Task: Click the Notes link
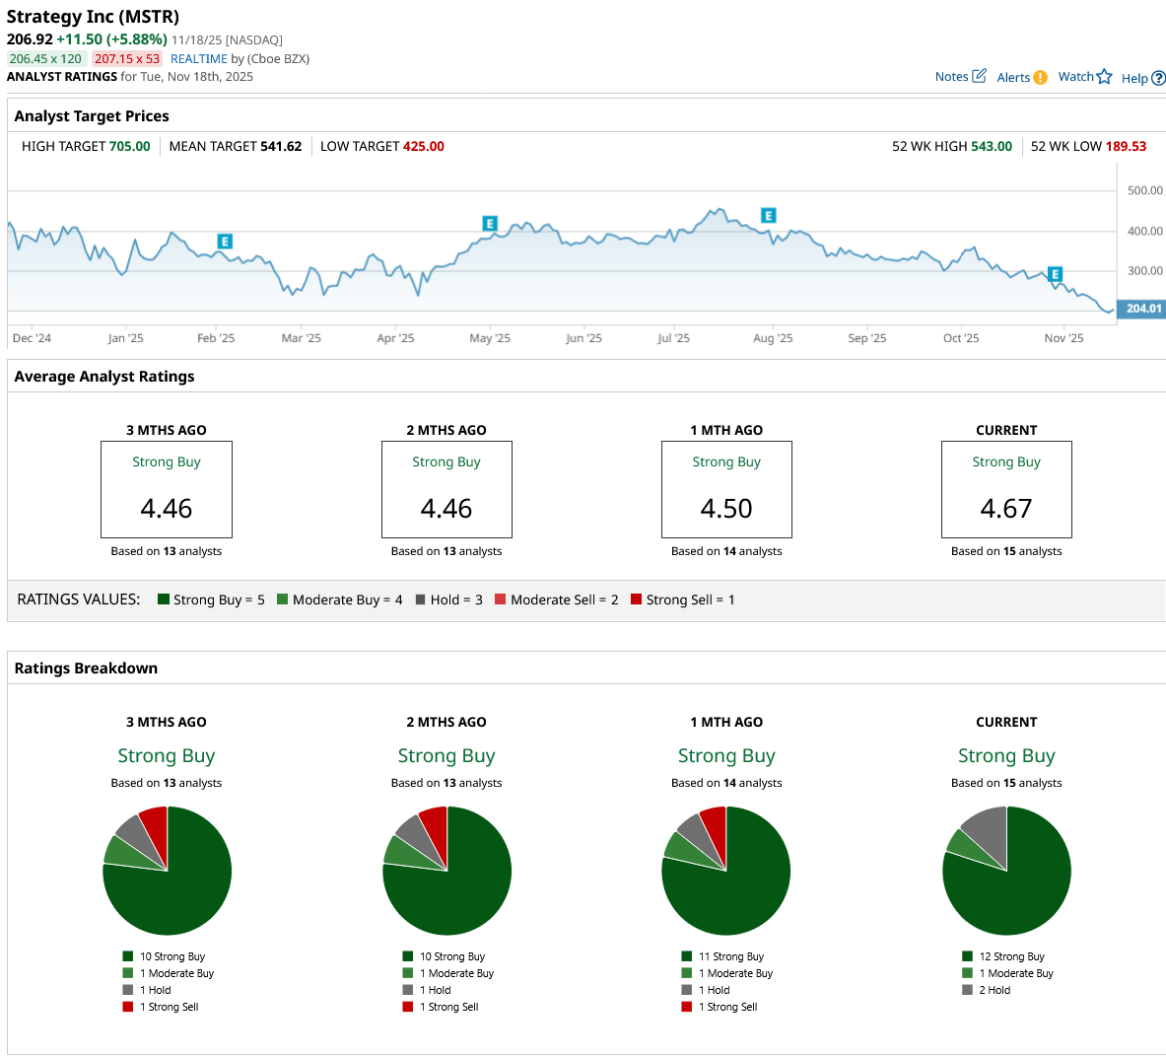click(x=959, y=77)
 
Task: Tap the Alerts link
click(x=1021, y=78)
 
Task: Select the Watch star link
click(x=1084, y=77)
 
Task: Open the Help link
click(x=1142, y=78)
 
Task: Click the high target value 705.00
click(x=130, y=147)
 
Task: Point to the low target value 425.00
click(x=424, y=147)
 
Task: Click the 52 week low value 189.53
click(x=1126, y=147)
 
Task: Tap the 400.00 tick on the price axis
click(x=1144, y=232)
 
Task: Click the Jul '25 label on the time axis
click(x=673, y=338)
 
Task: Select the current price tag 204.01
click(x=1143, y=309)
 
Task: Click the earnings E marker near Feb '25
click(x=225, y=242)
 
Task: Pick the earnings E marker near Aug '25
click(x=769, y=216)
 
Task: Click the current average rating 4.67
click(x=1006, y=509)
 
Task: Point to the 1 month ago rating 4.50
click(x=726, y=509)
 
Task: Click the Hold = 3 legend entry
click(x=449, y=599)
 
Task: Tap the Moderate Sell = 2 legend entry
click(x=557, y=599)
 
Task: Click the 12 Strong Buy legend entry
click(x=1011, y=956)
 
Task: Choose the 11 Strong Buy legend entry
click(x=730, y=956)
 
